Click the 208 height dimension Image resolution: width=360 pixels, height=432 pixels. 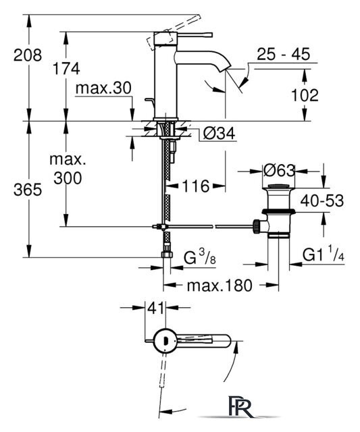(x=28, y=55)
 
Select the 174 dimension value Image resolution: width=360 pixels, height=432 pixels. (x=66, y=69)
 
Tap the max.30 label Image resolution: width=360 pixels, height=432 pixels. (x=103, y=88)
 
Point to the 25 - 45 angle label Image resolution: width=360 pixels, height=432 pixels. (x=284, y=54)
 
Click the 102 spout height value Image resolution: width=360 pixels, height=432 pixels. (x=305, y=95)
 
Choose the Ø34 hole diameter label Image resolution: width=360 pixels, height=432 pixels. (x=219, y=134)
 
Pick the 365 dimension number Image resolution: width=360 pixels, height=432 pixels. (x=28, y=190)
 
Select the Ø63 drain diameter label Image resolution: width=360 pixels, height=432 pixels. (x=279, y=171)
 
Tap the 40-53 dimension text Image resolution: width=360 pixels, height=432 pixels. (x=322, y=200)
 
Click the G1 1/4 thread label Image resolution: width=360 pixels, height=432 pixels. (x=324, y=254)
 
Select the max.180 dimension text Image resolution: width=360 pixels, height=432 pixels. (x=220, y=286)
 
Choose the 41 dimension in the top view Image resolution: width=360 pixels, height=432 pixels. (x=156, y=308)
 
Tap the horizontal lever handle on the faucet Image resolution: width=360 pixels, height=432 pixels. (x=195, y=34)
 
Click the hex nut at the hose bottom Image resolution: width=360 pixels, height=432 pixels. (x=167, y=254)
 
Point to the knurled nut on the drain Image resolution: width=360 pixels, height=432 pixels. (x=257, y=226)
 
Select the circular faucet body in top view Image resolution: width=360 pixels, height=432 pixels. (x=165, y=341)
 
